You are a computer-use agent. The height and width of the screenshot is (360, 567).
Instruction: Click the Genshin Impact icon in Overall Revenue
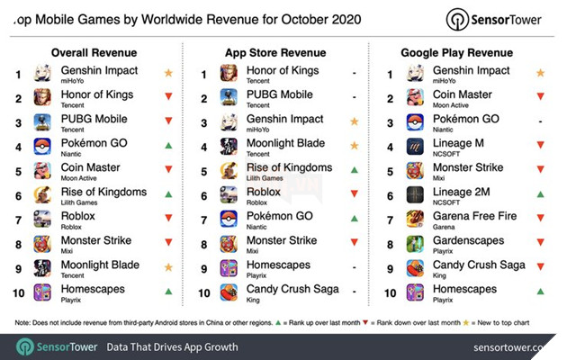click(42, 73)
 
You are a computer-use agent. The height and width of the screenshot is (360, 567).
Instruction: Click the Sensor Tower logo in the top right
click(503, 19)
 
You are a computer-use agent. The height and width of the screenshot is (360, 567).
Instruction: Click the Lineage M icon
click(415, 146)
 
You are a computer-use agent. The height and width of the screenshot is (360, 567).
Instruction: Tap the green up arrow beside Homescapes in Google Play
click(539, 292)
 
